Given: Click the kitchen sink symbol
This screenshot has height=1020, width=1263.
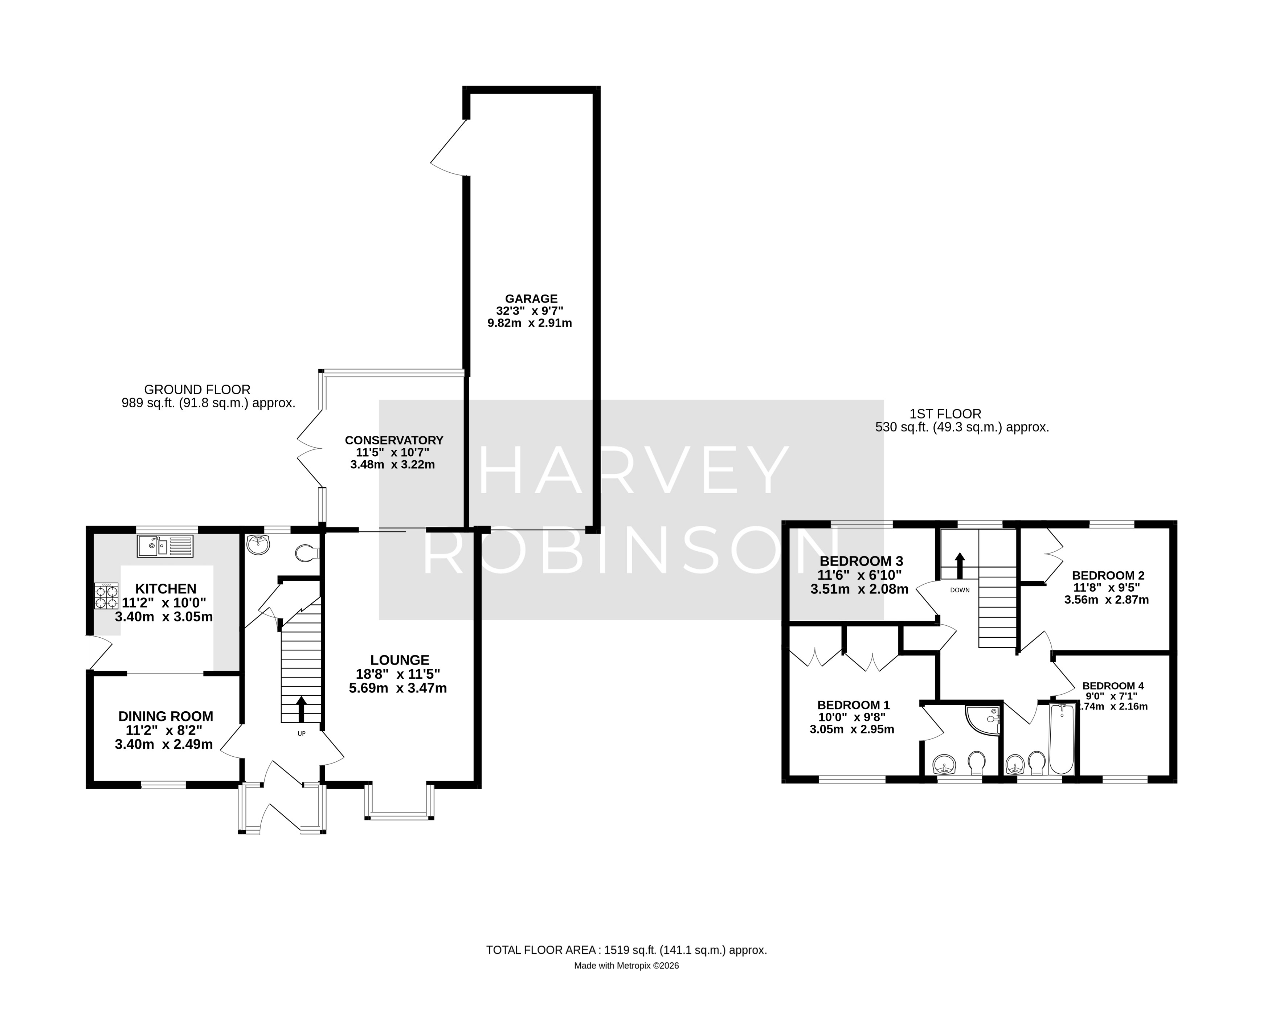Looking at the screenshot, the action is pos(165,546).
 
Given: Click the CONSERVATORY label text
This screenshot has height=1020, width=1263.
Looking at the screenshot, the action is pos(394,440).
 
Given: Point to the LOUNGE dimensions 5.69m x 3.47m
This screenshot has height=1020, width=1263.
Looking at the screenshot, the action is pos(398,688).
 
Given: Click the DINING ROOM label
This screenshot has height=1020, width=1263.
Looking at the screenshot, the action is pos(166,716).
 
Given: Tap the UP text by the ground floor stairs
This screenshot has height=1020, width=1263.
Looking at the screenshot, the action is pos(302,734).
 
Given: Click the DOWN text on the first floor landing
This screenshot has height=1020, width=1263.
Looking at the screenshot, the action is pos(960,590).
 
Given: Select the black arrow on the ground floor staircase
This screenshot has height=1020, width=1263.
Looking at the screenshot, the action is pos(302,709).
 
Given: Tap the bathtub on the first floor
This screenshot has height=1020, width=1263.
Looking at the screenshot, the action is pos(1062,740).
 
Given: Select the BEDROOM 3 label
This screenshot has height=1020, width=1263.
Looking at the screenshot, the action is pos(861,561).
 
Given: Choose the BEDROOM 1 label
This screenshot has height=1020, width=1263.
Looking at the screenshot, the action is pos(853,705).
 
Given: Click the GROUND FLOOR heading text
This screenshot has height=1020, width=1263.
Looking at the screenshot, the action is pos(197,390).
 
